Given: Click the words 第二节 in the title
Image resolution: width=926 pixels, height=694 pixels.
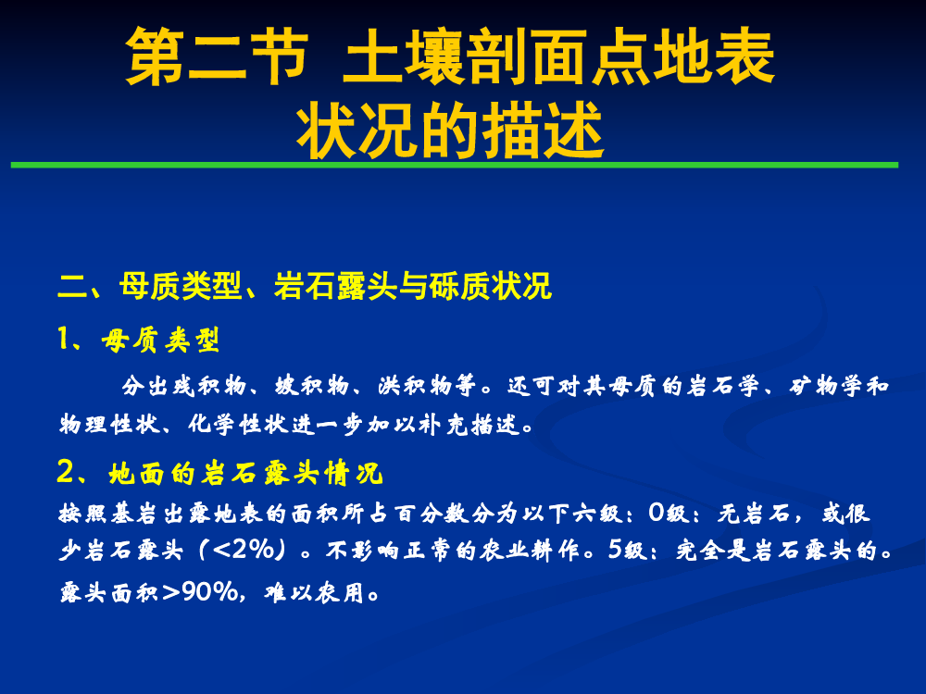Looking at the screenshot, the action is [218, 56].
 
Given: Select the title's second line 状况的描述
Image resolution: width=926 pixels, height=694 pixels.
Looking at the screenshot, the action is [450, 130].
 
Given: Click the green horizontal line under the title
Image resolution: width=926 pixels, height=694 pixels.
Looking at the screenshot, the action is [454, 166].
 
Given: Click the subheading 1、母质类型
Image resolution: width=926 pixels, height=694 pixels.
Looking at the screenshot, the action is [139, 340].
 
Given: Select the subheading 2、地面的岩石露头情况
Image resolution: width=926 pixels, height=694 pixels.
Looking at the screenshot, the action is [219, 473].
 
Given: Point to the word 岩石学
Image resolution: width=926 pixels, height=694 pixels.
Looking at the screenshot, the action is [723, 386].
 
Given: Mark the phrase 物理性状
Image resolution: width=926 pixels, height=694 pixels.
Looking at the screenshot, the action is [108, 424].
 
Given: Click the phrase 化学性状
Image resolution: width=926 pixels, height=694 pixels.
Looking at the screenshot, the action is [238, 424].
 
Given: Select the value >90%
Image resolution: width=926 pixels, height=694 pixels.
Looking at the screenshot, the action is [199, 591].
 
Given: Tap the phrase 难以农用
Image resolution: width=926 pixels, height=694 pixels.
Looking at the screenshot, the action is [314, 591].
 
